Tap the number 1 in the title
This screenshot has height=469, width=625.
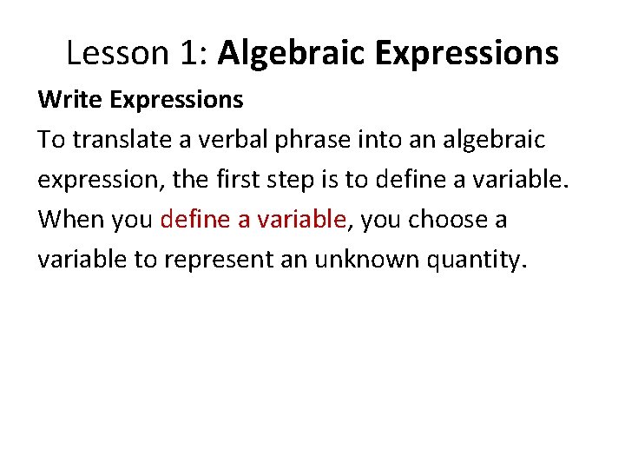(190, 54)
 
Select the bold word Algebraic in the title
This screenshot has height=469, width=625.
(293, 54)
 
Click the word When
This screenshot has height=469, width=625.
(70, 220)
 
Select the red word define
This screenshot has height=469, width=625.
(196, 220)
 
